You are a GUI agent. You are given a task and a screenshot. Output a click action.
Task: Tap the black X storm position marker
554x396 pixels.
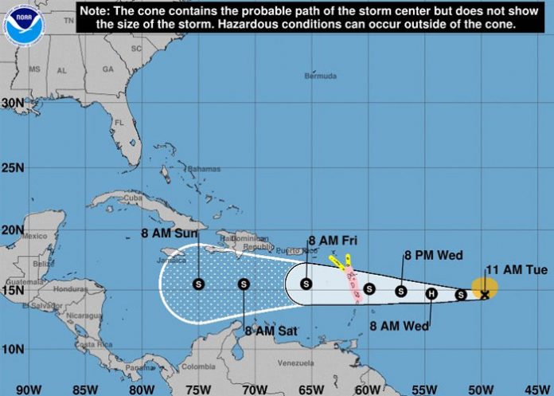(x=485, y=295)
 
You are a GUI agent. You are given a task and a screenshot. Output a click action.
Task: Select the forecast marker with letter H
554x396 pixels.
(x=431, y=293)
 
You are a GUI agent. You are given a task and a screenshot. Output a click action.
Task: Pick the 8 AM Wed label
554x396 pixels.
(x=400, y=326)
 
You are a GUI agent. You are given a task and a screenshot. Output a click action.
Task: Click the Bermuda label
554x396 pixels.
(x=321, y=76)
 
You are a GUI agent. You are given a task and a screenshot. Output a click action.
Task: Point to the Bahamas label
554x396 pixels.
(x=203, y=169)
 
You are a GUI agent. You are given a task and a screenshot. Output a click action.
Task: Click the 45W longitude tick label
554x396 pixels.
(x=537, y=389)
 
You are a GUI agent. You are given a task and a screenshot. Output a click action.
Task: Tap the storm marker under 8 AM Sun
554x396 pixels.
(x=198, y=283)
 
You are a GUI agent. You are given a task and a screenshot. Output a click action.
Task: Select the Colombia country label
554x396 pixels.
(x=198, y=367)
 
